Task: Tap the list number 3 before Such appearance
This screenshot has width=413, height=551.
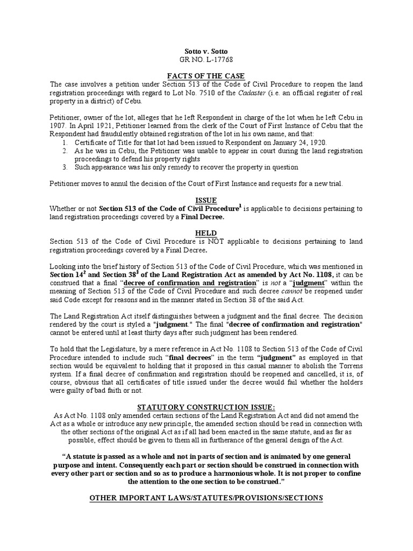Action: (64, 167)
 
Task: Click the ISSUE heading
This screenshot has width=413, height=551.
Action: (206, 200)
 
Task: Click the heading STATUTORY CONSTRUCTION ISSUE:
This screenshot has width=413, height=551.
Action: (206, 407)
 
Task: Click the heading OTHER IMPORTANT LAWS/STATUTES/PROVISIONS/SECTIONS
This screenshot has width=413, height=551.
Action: (206, 498)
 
